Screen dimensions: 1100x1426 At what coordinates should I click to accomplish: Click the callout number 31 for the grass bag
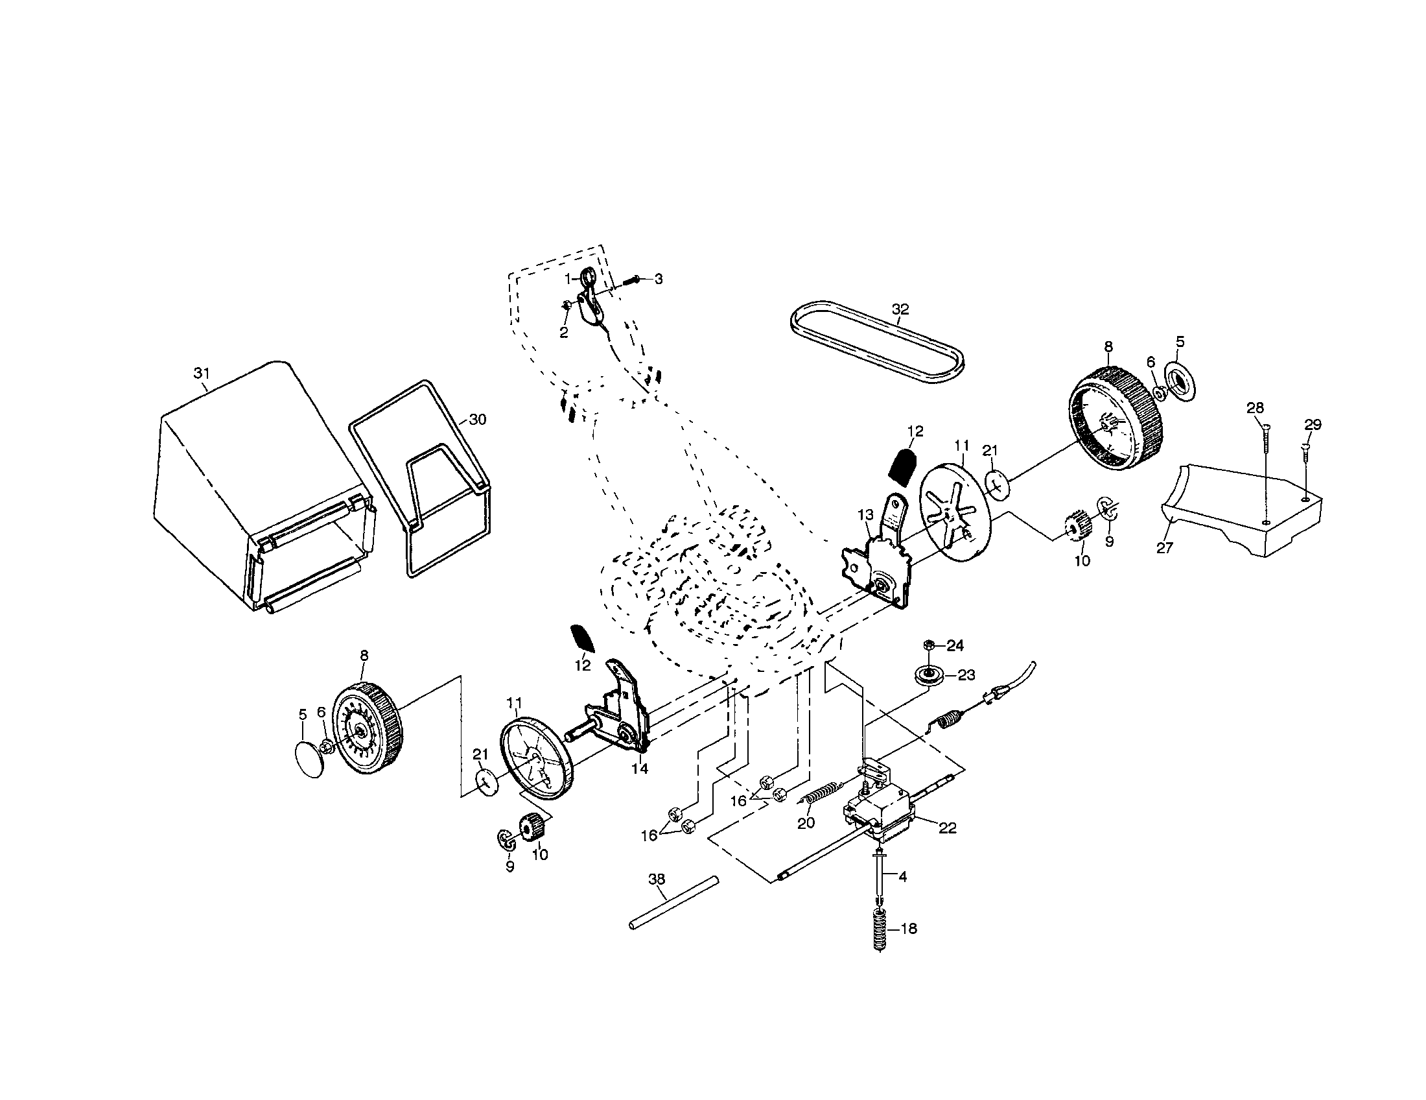click(202, 373)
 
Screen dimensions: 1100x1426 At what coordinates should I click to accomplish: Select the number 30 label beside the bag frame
click(478, 420)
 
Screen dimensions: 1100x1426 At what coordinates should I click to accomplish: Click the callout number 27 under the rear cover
click(1164, 548)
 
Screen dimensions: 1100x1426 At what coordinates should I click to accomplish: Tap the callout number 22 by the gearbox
click(947, 828)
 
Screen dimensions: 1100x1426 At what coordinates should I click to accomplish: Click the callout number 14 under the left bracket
click(640, 769)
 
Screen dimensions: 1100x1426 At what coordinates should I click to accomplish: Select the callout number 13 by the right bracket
click(865, 516)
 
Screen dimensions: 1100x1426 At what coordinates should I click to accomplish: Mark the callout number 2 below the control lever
click(563, 333)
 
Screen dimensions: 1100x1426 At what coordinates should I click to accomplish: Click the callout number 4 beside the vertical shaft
click(902, 878)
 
